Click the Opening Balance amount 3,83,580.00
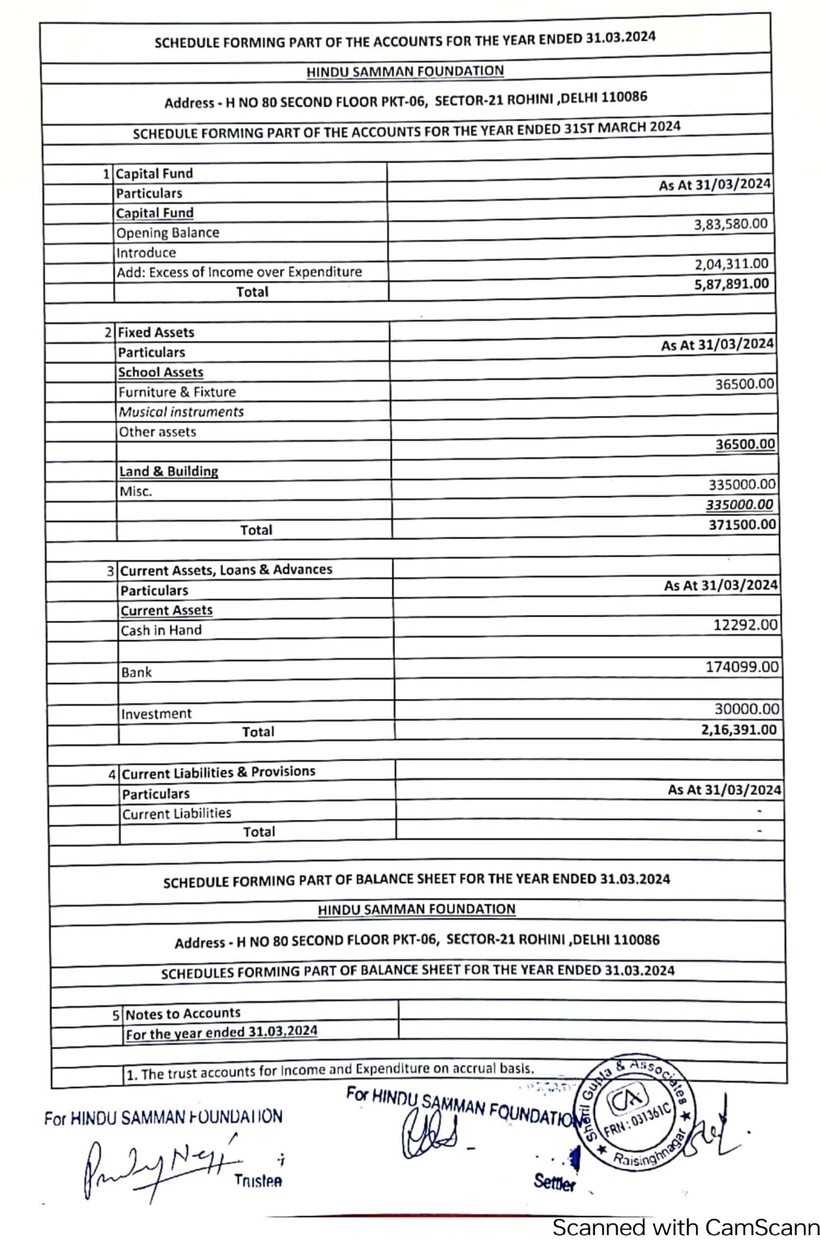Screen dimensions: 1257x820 730,224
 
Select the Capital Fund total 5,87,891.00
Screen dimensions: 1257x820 731,284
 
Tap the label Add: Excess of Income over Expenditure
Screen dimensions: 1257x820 239,272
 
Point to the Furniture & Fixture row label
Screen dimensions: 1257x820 177,392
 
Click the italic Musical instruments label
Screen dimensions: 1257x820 181,412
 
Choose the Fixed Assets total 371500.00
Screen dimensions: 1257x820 742,525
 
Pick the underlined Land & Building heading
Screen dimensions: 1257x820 168,471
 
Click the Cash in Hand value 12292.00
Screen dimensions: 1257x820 745,625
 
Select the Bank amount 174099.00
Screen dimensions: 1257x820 742,667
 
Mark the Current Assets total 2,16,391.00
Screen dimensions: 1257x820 738,730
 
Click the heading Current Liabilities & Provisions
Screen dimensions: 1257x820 218,772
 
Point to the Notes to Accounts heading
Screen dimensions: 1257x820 183,1014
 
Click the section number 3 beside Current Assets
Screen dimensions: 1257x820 110,571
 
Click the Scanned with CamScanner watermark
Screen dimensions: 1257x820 685,1228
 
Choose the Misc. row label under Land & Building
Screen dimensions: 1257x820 136,491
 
